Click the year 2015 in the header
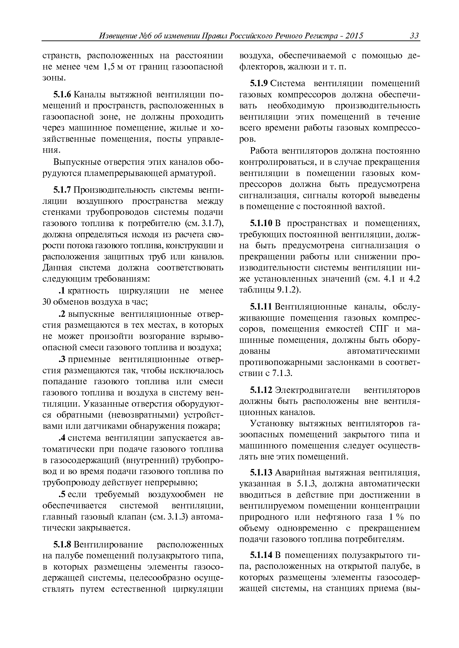point(354,36)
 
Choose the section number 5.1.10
point(261,223)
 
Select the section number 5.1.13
point(261,473)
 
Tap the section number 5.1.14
point(261,556)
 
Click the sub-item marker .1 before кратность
point(62,291)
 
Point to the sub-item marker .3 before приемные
point(62,359)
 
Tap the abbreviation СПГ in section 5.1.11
point(379,329)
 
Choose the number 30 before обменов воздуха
point(46,302)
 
